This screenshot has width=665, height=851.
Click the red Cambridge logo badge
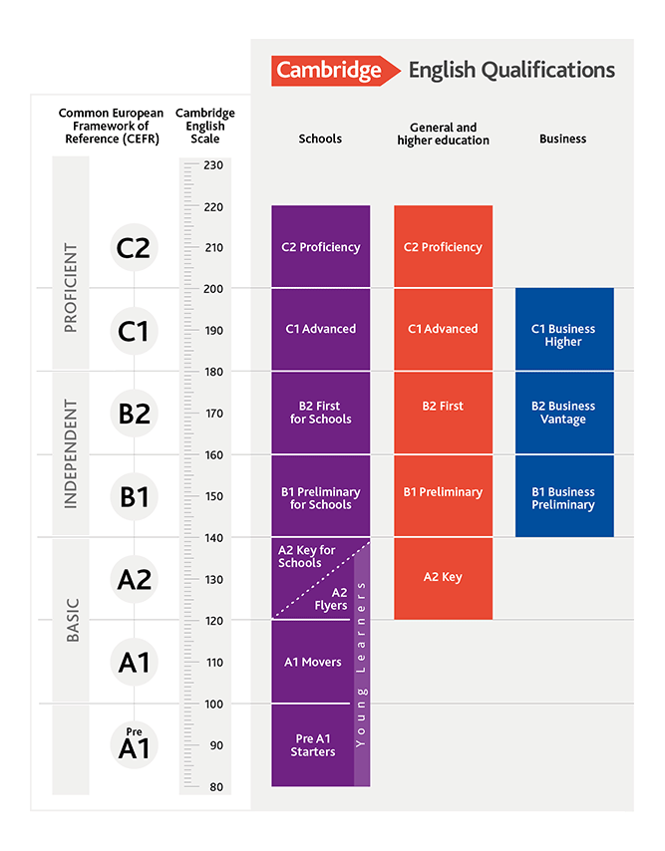coord(329,70)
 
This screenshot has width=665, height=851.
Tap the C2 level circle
coord(133,247)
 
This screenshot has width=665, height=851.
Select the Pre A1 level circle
coord(133,745)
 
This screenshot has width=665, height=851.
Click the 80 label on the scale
coord(216,786)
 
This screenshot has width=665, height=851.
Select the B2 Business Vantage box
coord(563,413)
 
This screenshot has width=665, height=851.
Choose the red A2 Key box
coord(443,578)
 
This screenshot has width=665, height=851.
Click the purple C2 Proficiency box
coord(320,247)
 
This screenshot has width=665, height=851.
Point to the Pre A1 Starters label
coord(312,745)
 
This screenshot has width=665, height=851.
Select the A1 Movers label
coord(312,662)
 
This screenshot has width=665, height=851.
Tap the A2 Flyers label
coord(332,598)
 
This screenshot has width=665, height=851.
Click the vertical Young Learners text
coord(361,663)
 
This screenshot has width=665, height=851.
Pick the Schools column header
coord(320,140)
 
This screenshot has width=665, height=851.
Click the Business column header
coord(562,140)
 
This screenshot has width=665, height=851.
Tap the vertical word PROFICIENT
coord(71,288)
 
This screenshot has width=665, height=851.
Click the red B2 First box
coord(443,407)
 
